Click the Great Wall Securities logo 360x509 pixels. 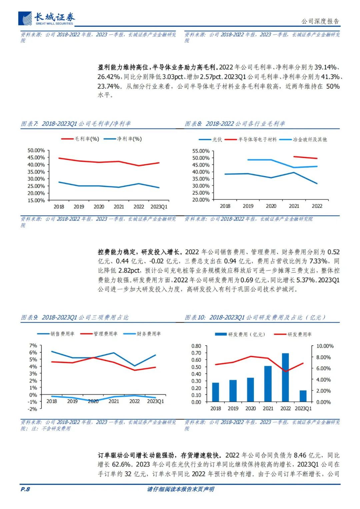(47, 19)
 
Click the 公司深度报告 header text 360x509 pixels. (320, 21)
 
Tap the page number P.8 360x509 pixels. (25, 489)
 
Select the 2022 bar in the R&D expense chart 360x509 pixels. (285, 377)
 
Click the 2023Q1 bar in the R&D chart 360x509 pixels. (303, 396)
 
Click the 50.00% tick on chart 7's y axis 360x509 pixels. (36, 151)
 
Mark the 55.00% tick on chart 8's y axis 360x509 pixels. (201, 151)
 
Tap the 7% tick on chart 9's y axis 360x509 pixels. (33, 346)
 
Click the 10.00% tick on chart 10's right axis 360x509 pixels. (325, 346)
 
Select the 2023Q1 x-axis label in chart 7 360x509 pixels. (159, 207)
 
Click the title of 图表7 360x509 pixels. (76, 124)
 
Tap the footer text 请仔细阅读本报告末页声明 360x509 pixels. (180, 489)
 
